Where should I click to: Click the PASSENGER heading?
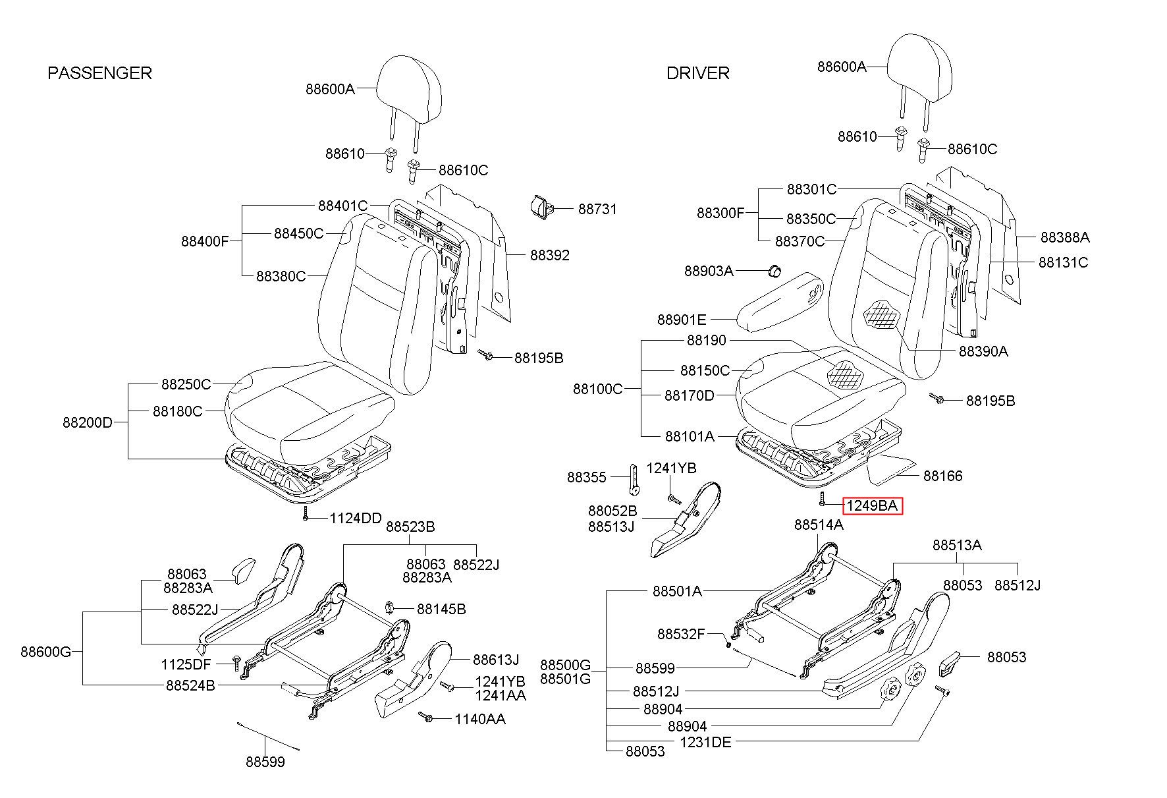99,72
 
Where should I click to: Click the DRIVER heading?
698,72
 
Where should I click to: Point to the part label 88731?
597,209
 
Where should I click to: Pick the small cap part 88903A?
775,270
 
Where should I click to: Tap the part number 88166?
942,476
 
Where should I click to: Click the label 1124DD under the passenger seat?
356,518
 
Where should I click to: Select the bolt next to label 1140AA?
426,716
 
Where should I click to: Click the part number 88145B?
441,609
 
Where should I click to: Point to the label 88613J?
496,660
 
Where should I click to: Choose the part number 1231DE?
705,742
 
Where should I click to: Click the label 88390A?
983,351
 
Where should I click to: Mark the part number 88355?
586,476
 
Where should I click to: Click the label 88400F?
205,241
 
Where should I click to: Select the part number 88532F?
681,634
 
